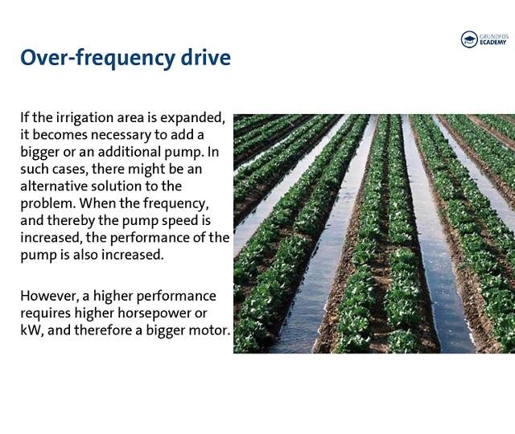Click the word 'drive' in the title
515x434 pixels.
(x=199, y=58)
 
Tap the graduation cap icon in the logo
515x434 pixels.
(x=469, y=39)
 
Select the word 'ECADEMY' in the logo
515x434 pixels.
(x=494, y=43)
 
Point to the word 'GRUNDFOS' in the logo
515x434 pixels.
(x=494, y=35)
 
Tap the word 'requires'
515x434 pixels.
(x=45, y=313)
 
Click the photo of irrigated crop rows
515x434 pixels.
(x=374, y=233)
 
